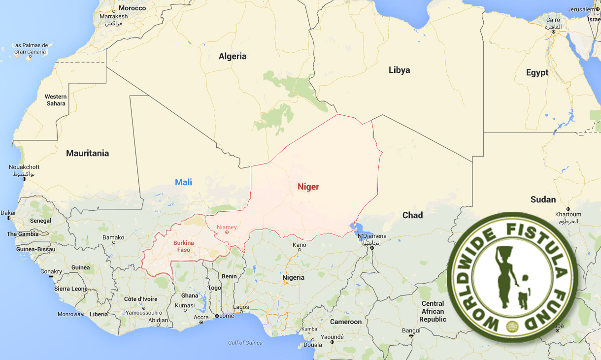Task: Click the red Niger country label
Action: tap(308, 187)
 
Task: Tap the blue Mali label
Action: tap(183, 182)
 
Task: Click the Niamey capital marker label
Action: tap(227, 227)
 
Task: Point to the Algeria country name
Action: tap(233, 56)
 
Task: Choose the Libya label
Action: tap(399, 70)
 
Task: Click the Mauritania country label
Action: tap(87, 153)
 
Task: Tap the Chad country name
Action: tap(412, 215)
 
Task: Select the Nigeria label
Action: tap(293, 277)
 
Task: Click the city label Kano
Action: tap(299, 245)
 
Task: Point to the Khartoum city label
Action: tap(568, 214)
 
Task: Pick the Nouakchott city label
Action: tap(24, 167)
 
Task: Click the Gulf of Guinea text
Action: tap(245, 343)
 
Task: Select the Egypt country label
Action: tap(537, 73)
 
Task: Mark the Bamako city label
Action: tap(113, 237)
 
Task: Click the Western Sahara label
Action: tap(56, 100)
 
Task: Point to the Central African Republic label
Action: tap(433, 311)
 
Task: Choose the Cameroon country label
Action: tap(345, 322)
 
